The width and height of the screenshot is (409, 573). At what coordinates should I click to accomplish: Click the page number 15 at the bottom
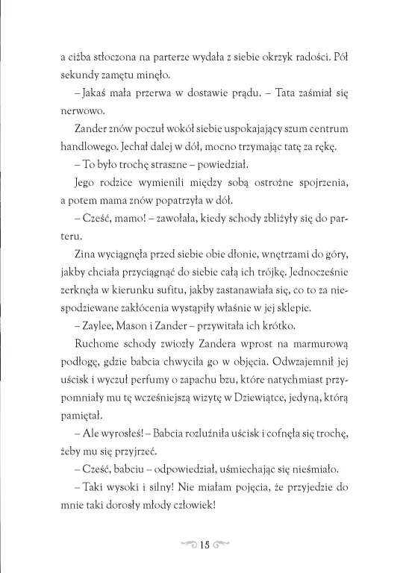click(204, 541)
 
